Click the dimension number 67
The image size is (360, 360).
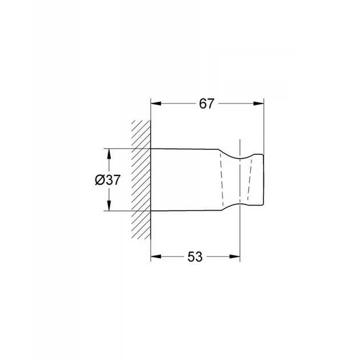206,104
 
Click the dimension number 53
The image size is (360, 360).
195,257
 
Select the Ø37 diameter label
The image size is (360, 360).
107,180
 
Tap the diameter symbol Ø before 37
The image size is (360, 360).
100,180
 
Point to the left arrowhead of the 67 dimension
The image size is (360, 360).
155,103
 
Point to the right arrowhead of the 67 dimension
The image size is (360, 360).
259,103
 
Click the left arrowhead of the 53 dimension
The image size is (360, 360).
155,257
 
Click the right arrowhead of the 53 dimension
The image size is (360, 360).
235,257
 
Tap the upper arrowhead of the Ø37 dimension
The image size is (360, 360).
109,154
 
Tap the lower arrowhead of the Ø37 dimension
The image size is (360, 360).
109,206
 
